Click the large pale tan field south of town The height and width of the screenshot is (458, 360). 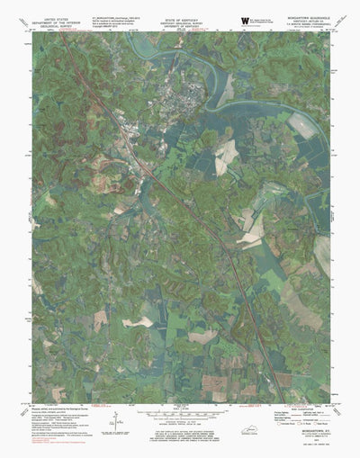click(x=226, y=152)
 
